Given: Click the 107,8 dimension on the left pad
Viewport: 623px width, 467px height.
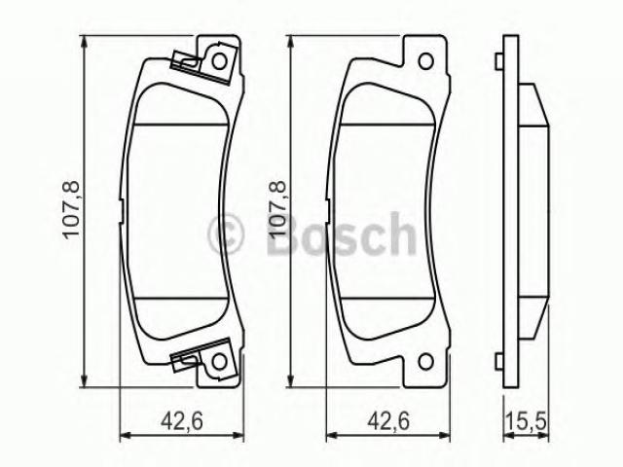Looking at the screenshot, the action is [71, 209].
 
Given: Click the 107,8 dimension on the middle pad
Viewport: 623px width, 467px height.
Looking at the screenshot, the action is [276, 209].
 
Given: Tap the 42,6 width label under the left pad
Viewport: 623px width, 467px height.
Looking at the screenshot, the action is [182, 420].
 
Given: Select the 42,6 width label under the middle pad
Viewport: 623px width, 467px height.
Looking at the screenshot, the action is [387, 420].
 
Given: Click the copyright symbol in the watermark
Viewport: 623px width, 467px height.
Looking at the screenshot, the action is [225, 233].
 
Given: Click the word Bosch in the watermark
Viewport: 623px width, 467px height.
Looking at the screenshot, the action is [342, 234].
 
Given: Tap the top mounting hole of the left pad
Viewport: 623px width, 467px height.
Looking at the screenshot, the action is [219, 61].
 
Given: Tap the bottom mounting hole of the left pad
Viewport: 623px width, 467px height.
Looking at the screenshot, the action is [219, 361].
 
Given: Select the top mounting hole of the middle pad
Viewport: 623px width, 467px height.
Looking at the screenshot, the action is [425, 61].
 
